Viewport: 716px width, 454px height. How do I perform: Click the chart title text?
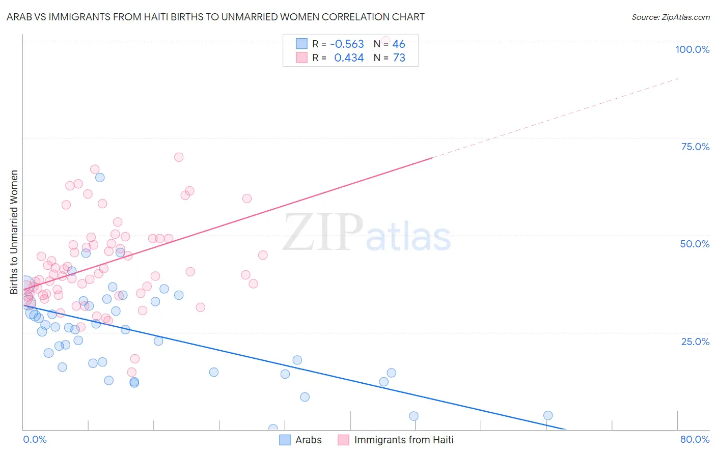[215, 17]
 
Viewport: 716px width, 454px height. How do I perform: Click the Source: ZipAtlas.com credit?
[670, 17]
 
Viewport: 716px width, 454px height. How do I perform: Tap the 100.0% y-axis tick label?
[692, 49]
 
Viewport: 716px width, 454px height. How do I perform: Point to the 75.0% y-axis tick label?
[695, 147]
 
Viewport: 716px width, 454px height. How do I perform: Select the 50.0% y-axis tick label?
[695, 244]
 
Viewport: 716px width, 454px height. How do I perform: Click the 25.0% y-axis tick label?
[695, 341]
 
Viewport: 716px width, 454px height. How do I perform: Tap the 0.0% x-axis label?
[35, 439]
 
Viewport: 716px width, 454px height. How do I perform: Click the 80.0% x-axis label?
[695, 439]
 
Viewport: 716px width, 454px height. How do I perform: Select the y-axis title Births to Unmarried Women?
[14, 232]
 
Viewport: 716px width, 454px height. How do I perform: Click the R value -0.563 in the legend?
[347, 44]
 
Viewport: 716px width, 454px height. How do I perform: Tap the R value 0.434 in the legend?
[349, 58]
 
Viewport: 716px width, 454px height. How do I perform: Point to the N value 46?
[399, 44]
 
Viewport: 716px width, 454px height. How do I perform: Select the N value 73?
[399, 58]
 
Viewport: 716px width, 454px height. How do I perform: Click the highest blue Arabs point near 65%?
[100, 177]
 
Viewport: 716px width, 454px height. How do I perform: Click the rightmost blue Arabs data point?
[548, 415]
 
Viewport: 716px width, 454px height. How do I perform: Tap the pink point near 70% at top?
[179, 157]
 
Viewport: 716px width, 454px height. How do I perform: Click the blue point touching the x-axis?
[273, 429]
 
